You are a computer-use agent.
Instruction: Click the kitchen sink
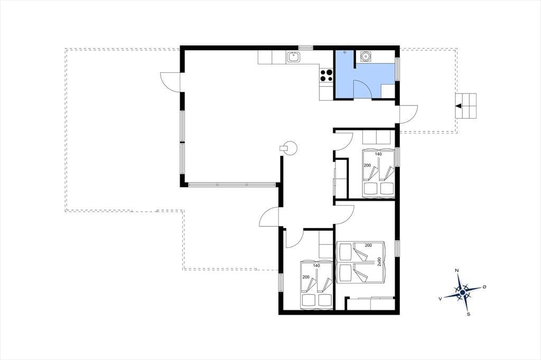pyautogui.click(x=293, y=57)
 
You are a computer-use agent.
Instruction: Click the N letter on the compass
pyautogui.click(x=457, y=270)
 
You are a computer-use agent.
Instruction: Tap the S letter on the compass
pyautogui.click(x=468, y=314)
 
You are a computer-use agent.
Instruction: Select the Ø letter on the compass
pyautogui.click(x=484, y=287)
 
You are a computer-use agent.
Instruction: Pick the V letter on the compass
pyautogui.click(x=440, y=299)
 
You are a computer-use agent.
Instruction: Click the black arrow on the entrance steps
pyautogui.click(x=459, y=106)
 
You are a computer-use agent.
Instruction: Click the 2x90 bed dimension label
pyautogui.click(x=379, y=262)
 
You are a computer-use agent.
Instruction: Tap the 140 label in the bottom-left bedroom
pyautogui.click(x=316, y=266)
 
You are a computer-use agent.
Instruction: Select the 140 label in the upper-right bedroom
pyautogui.click(x=378, y=154)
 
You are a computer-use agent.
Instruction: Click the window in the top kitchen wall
pyautogui.click(x=306, y=48)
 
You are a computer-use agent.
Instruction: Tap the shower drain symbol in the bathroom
pyautogui.click(x=344, y=52)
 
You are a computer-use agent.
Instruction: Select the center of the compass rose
pyautogui.click(x=462, y=292)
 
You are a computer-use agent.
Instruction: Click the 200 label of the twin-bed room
pyautogui.click(x=368, y=245)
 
